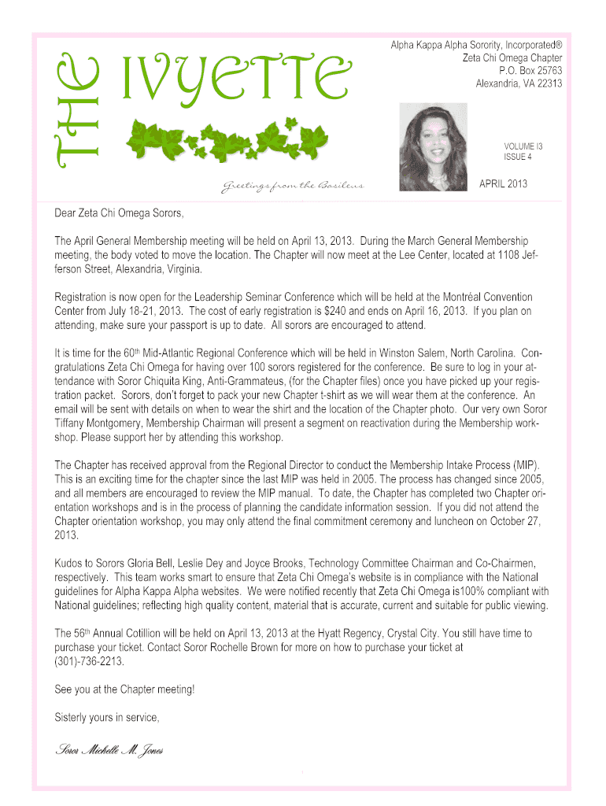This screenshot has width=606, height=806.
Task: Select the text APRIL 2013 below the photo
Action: pyautogui.click(x=504, y=184)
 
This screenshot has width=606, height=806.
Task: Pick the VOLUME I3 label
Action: pyautogui.click(x=523, y=146)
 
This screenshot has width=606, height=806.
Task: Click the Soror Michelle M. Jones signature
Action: pyautogui.click(x=109, y=749)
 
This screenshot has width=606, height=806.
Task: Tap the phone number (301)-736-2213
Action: pyautogui.click(x=90, y=662)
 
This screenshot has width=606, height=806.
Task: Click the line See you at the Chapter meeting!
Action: pyautogui.click(x=124, y=690)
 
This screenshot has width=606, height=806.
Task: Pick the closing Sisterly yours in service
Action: pyautogui.click(x=107, y=717)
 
